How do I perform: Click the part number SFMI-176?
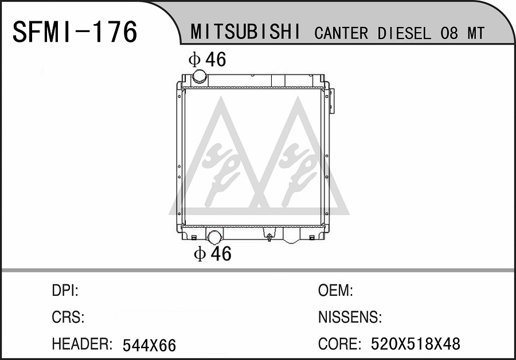[75, 32]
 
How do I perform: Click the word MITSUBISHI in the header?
[245, 32]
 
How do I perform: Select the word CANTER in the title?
[341, 33]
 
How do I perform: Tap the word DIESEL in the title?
[404, 33]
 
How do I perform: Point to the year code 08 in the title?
[449, 33]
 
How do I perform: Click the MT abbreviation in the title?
[476, 33]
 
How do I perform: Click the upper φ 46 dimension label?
[208, 60]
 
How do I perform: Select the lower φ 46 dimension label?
[213, 254]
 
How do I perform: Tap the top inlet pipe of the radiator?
[200, 76]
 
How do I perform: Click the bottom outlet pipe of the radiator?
[214, 237]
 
